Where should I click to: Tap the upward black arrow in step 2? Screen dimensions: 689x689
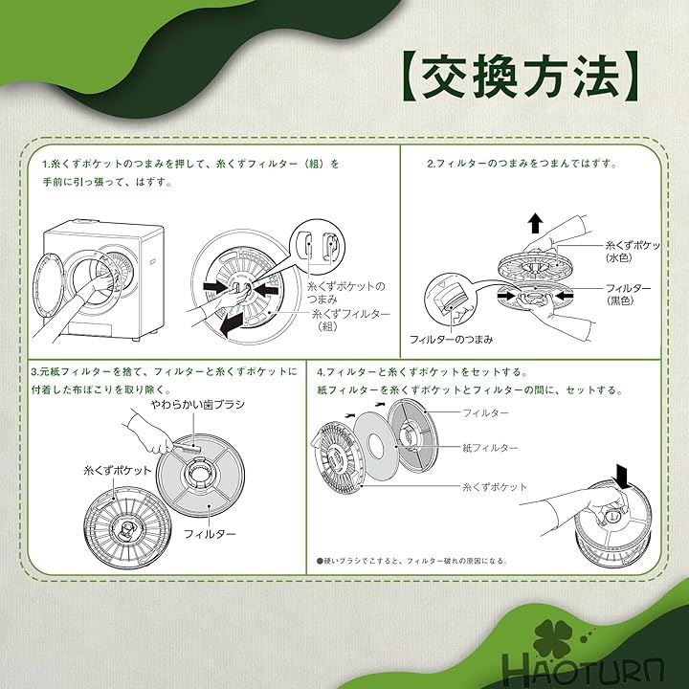(535, 223)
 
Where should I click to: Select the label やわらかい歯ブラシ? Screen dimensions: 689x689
(197, 404)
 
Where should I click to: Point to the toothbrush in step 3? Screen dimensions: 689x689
(187, 446)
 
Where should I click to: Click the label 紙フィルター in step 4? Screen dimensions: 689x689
(490, 448)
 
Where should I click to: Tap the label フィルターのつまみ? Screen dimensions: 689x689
(452, 339)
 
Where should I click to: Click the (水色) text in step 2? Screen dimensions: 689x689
(619, 258)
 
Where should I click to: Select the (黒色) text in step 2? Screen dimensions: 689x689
(619, 301)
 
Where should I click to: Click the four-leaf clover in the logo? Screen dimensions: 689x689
(552, 638)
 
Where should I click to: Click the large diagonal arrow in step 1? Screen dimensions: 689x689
(232, 323)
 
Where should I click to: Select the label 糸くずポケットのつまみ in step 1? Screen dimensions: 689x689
(345, 293)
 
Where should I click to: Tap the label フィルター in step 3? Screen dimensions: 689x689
(210, 534)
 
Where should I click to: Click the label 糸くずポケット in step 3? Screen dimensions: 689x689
(118, 471)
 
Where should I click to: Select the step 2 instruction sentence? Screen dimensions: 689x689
(522, 164)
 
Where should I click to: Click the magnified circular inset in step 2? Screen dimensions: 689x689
(450, 299)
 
